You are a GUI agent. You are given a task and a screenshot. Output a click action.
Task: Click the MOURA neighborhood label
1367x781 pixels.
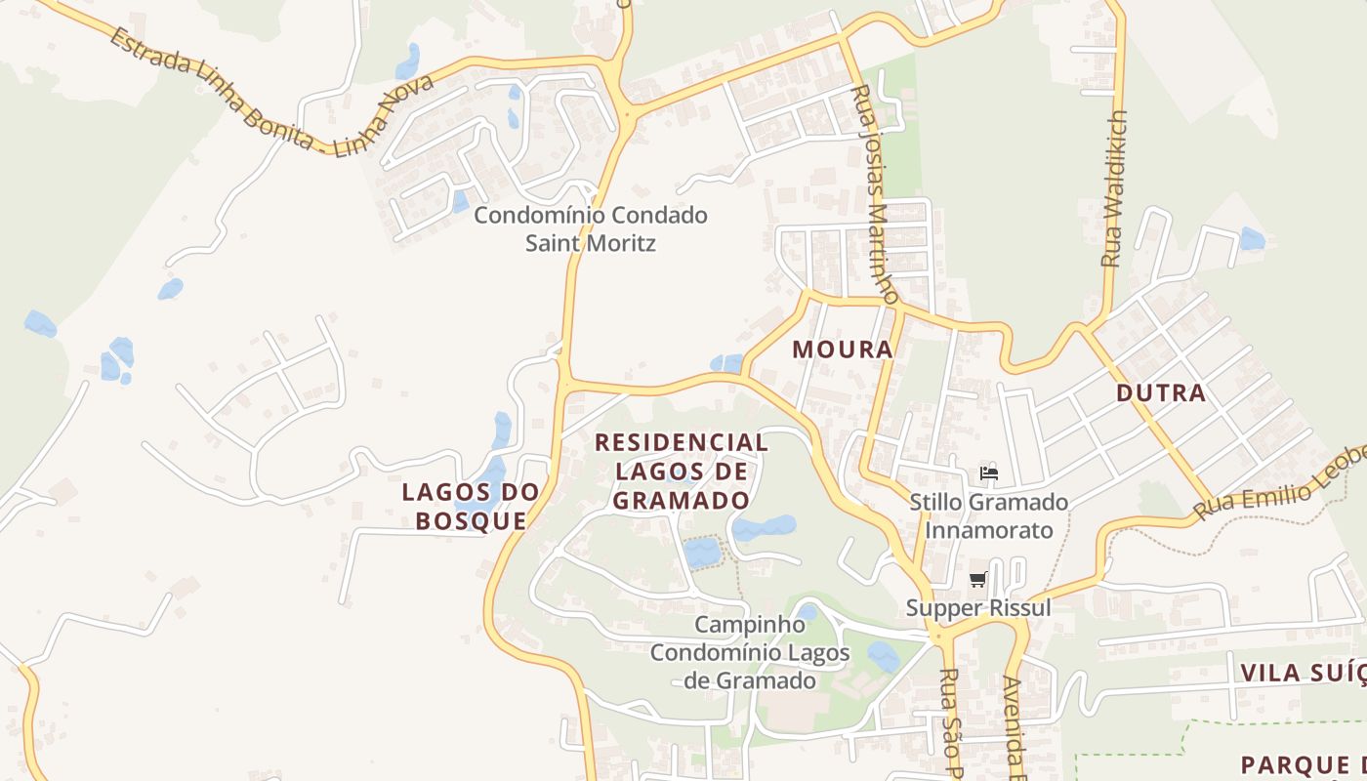pos(843,349)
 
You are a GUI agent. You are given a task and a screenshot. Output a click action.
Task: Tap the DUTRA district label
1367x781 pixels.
pos(1161,393)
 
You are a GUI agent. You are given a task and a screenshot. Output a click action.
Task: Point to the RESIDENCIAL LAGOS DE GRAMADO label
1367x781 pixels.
pos(682,471)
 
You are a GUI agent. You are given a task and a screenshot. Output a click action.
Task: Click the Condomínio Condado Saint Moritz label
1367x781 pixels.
pos(591,228)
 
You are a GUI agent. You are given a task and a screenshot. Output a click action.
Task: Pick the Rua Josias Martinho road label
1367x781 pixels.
pos(875,193)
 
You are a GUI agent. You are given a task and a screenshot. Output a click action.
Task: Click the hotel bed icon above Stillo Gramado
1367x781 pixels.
pos(989,473)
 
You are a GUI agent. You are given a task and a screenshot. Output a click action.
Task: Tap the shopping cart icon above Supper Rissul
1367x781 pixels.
pos(978,580)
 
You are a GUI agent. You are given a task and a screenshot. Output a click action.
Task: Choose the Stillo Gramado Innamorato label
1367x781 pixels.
pos(988,516)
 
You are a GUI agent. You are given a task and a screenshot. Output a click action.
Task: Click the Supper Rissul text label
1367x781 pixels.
pos(978,607)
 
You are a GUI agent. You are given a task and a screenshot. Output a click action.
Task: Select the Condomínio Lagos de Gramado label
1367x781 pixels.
pos(750,667)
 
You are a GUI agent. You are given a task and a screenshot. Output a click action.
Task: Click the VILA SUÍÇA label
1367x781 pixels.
pos(1303,673)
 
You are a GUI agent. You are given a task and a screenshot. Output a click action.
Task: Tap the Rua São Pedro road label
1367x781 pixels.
pos(950,722)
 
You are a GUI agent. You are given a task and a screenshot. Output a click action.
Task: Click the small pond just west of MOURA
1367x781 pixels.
pos(726,364)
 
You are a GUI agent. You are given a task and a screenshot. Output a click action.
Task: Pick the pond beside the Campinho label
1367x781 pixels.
pos(807,612)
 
